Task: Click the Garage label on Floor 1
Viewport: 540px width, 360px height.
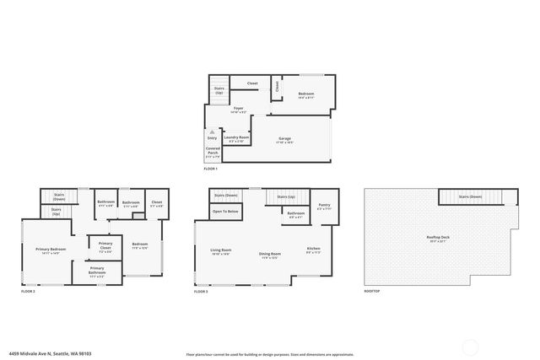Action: (x=284, y=140)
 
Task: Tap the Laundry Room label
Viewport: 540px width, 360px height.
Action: (x=236, y=137)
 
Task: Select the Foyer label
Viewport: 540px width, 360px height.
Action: (x=239, y=108)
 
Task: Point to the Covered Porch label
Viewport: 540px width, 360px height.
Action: (x=213, y=153)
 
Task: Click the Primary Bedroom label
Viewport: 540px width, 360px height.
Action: (x=51, y=249)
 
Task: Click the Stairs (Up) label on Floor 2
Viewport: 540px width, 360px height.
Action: (x=57, y=212)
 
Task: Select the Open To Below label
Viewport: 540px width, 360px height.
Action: (x=225, y=212)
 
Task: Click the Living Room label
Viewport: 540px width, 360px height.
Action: (x=221, y=251)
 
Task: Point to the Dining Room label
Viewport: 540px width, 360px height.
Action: (x=270, y=253)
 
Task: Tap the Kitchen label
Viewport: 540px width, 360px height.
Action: (x=314, y=249)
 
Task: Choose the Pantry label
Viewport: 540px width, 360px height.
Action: (x=324, y=205)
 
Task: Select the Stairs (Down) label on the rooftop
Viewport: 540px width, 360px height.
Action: (x=470, y=196)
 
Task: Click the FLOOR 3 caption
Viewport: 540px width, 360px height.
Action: (x=200, y=291)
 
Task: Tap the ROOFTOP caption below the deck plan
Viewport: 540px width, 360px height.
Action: (x=372, y=291)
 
